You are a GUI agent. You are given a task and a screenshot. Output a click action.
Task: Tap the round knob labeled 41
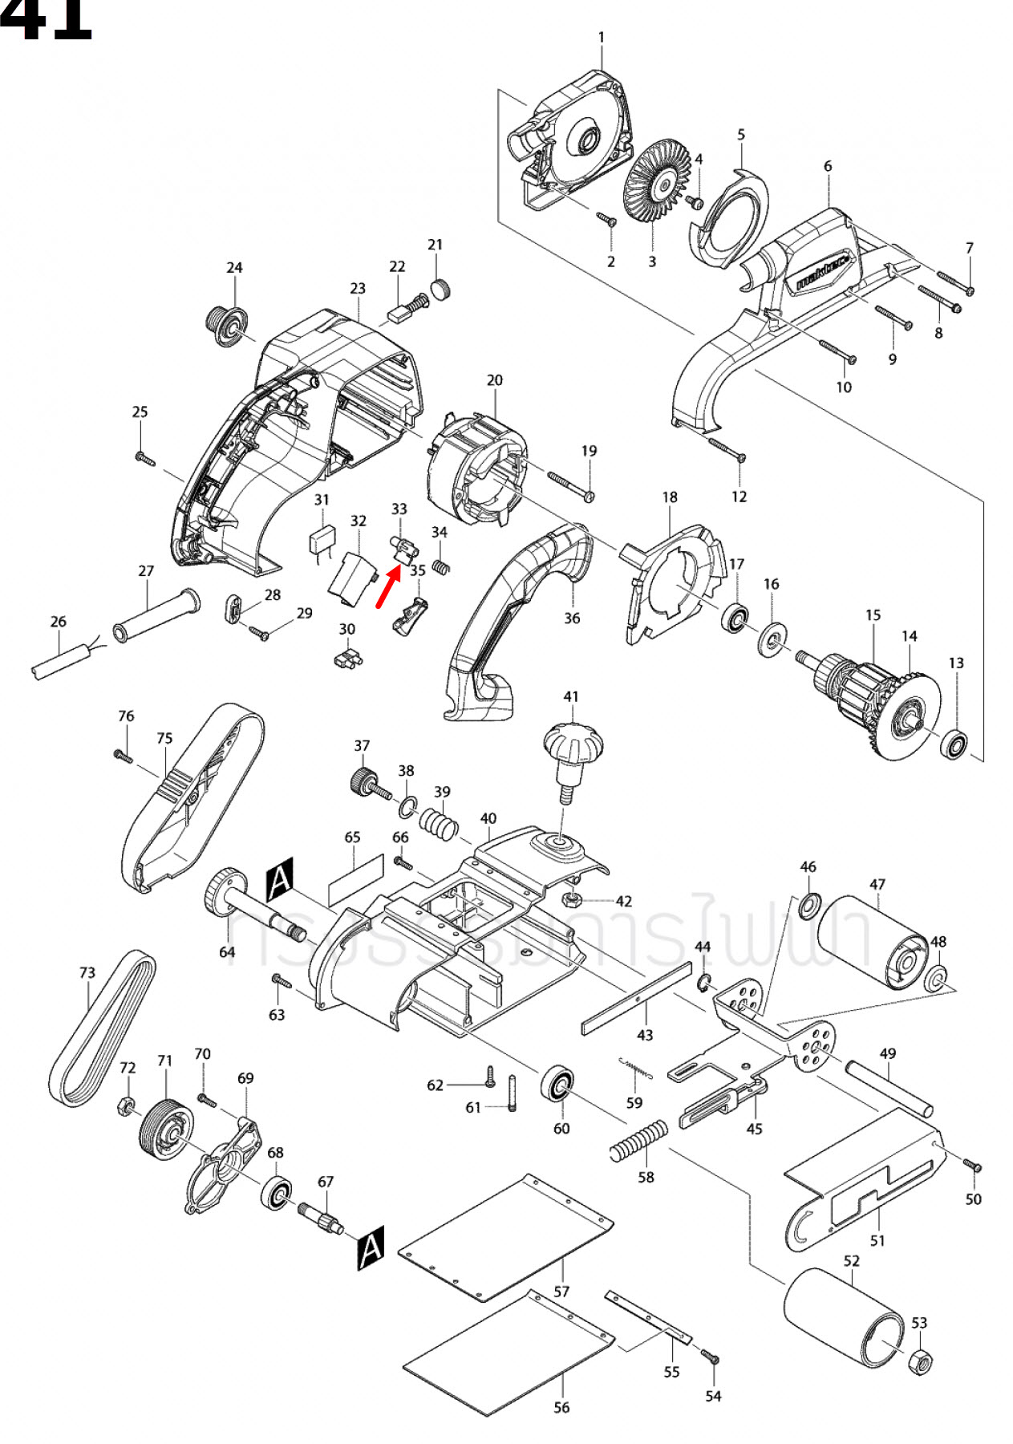[573, 745]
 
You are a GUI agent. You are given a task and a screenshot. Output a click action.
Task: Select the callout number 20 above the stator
[495, 380]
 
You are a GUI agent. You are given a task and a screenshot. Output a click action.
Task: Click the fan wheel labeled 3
[657, 187]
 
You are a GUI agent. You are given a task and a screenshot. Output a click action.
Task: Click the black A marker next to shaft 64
[280, 880]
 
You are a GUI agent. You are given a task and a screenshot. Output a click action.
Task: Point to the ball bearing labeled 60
[557, 1085]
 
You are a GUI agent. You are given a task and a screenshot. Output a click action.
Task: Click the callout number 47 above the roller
[877, 884]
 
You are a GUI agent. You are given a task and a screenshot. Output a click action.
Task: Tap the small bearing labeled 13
[954, 745]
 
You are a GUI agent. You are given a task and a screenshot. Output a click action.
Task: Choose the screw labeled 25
[144, 458]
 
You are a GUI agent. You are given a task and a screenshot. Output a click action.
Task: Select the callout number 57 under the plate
[561, 1291]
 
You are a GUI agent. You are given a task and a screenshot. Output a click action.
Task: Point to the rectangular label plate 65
[356, 880]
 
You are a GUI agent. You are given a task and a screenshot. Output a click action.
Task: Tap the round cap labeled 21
[440, 289]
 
